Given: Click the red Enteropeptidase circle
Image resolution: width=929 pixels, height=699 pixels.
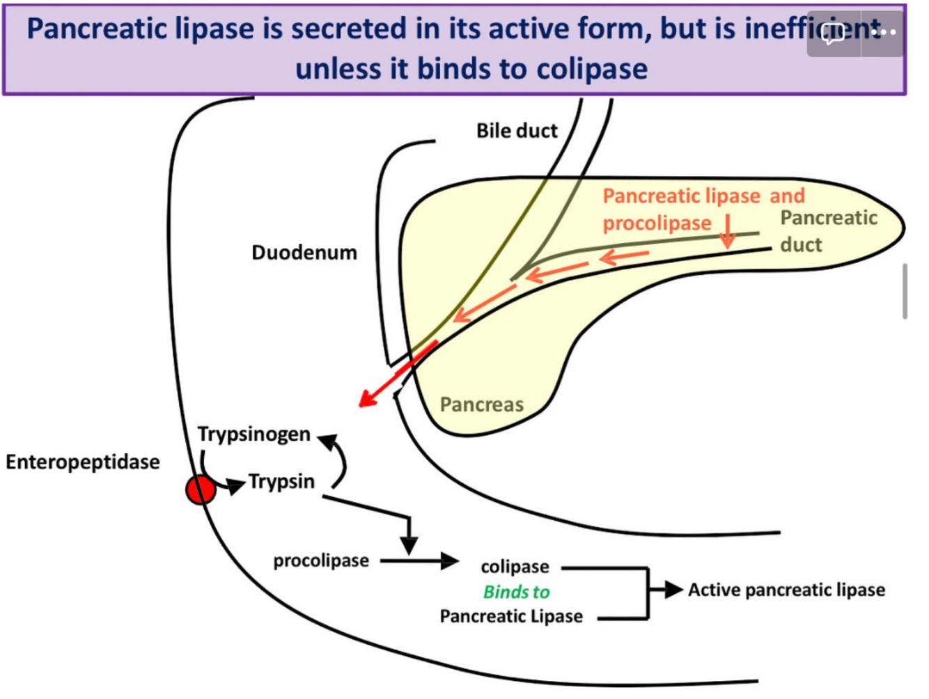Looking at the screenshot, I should (201, 489).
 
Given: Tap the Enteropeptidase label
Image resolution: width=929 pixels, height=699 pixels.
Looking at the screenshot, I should (83, 462).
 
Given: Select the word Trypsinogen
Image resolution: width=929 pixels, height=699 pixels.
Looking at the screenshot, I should (253, 434).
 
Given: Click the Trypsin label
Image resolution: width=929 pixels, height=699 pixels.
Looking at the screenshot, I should (281, 481).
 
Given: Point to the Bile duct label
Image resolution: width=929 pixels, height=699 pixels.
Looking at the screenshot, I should (517, 130).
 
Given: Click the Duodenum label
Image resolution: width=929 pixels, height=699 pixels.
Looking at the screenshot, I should (304, 252).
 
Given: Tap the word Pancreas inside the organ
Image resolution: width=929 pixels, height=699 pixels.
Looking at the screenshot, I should (481, 405).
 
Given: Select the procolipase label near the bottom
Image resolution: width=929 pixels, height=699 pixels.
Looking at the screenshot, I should (321, 560).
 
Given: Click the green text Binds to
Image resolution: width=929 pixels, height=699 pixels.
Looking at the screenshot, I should (516, 592).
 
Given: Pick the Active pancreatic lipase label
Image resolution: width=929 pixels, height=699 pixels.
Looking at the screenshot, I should (786, 590).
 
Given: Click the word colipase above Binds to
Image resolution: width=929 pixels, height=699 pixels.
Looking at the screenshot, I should (515, 567).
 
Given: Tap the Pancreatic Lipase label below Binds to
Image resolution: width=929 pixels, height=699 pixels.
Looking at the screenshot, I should (511, 616).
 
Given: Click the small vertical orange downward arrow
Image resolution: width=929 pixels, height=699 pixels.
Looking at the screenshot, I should (728, 231).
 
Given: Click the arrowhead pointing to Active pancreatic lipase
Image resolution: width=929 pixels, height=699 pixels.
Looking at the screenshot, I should (673, 590).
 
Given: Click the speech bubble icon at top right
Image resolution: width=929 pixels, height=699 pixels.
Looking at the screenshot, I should (834, 33).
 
